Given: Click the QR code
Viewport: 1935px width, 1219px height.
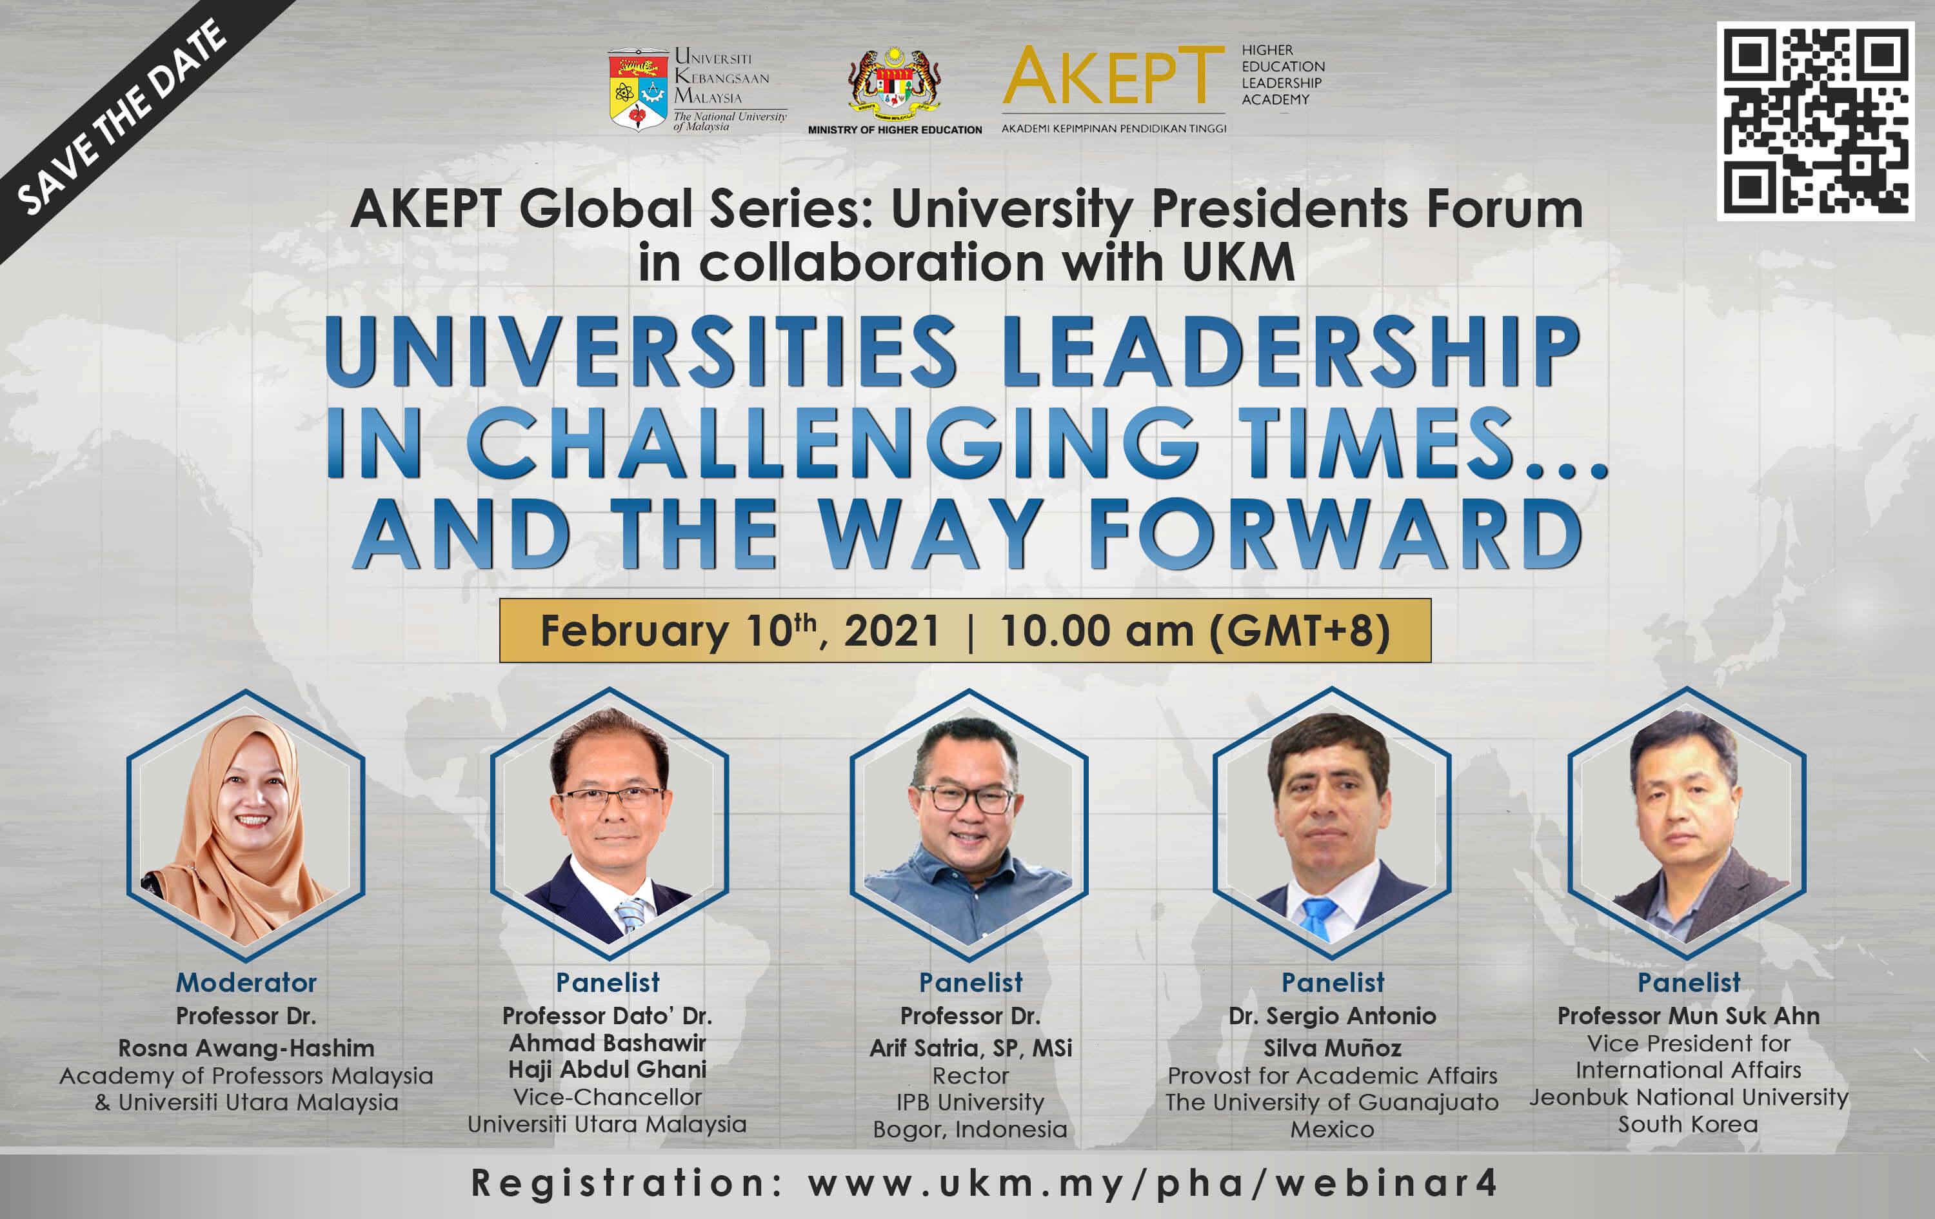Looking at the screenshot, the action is pos(1815,121).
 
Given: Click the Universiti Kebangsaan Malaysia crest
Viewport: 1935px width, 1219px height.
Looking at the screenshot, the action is pos(638,89).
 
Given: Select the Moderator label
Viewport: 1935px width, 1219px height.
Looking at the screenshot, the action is pos(246,982).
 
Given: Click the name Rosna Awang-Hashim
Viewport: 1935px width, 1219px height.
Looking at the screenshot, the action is pos(246,1048).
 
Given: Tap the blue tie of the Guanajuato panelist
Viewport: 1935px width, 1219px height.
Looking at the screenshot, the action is pos(1318,918).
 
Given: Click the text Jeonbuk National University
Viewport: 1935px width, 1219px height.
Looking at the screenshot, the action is pos(1689,1098).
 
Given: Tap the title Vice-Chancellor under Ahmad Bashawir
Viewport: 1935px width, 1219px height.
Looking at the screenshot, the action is pos(608,1097).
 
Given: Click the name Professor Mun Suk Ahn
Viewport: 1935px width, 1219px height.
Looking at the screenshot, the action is pos(1689,1016).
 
